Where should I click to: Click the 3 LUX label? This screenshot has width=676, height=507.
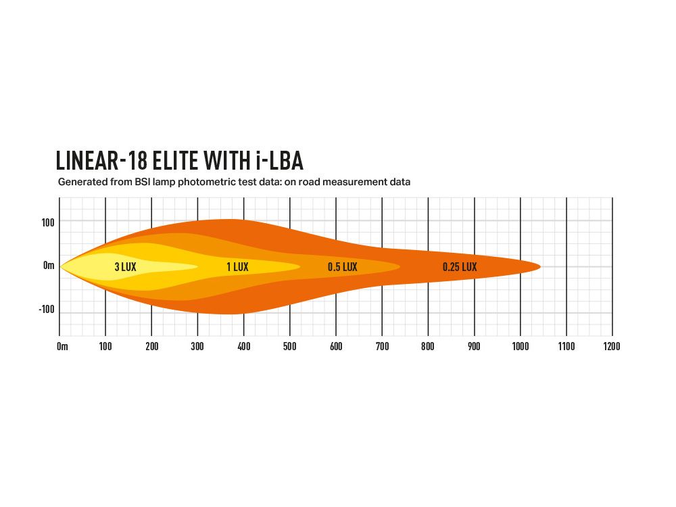tap(125, 267)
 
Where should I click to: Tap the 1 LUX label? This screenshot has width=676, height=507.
tap(237, 267)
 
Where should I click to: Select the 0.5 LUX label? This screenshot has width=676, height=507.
tap(342, 267)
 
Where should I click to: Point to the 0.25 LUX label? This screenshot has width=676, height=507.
tap(460, 267)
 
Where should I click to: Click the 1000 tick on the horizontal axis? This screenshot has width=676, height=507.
tap(521, 347)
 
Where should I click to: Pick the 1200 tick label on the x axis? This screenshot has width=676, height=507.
tap(612, 347)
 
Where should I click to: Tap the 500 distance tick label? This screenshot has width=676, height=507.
tap(290, 347)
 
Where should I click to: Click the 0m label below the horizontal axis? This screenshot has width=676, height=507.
tap(62, 347)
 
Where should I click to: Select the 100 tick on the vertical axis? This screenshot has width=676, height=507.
tap(47, 222)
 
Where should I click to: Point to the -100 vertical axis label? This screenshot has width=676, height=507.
tap(46, 310)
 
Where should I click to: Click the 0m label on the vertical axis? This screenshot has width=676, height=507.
tap(49, 266)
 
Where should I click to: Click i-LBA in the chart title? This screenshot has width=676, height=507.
tap(279, 161)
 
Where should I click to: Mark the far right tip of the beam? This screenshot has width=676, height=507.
tap(540, 266)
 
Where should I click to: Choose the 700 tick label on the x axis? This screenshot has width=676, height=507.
tap(382, 347)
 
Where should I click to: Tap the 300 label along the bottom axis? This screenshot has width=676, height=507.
tap(197, 347)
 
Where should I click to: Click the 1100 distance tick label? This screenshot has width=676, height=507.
tap(566, 347)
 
